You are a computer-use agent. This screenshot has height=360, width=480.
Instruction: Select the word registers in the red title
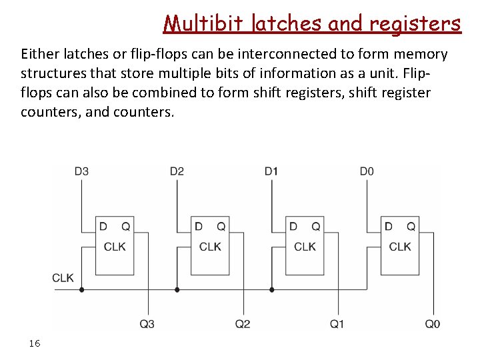[414, 23]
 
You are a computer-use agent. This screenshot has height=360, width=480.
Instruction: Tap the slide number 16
[35, 343]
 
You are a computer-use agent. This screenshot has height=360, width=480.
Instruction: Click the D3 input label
[81, 171]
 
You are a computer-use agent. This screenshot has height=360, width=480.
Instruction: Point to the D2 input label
[177, 171]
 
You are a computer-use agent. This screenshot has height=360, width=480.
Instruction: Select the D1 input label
[271, 171]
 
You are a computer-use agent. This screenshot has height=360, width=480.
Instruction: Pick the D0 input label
[367, 171]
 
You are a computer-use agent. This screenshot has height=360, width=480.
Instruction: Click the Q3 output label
[147, 324]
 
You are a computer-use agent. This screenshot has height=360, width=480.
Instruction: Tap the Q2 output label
[243, 324]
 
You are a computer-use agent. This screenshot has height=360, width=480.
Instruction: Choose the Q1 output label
[337, 324]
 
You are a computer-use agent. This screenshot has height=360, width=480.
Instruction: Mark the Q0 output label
[433, 324]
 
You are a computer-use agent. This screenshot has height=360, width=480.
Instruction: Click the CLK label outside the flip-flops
[63, 278]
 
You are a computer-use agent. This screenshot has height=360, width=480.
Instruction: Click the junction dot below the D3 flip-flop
[82, 289]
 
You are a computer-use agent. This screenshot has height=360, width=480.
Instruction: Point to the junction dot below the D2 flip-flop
[177, 289]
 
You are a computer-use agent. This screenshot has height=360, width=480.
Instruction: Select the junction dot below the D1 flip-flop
[272, 289]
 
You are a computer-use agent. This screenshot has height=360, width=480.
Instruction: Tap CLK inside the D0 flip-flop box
[400, 247]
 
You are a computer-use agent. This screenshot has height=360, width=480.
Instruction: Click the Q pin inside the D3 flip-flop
[125, 227]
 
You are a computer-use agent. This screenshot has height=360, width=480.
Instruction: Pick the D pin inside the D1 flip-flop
[293, 227]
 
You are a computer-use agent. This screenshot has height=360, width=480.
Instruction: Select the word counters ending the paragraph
[145, 112]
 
